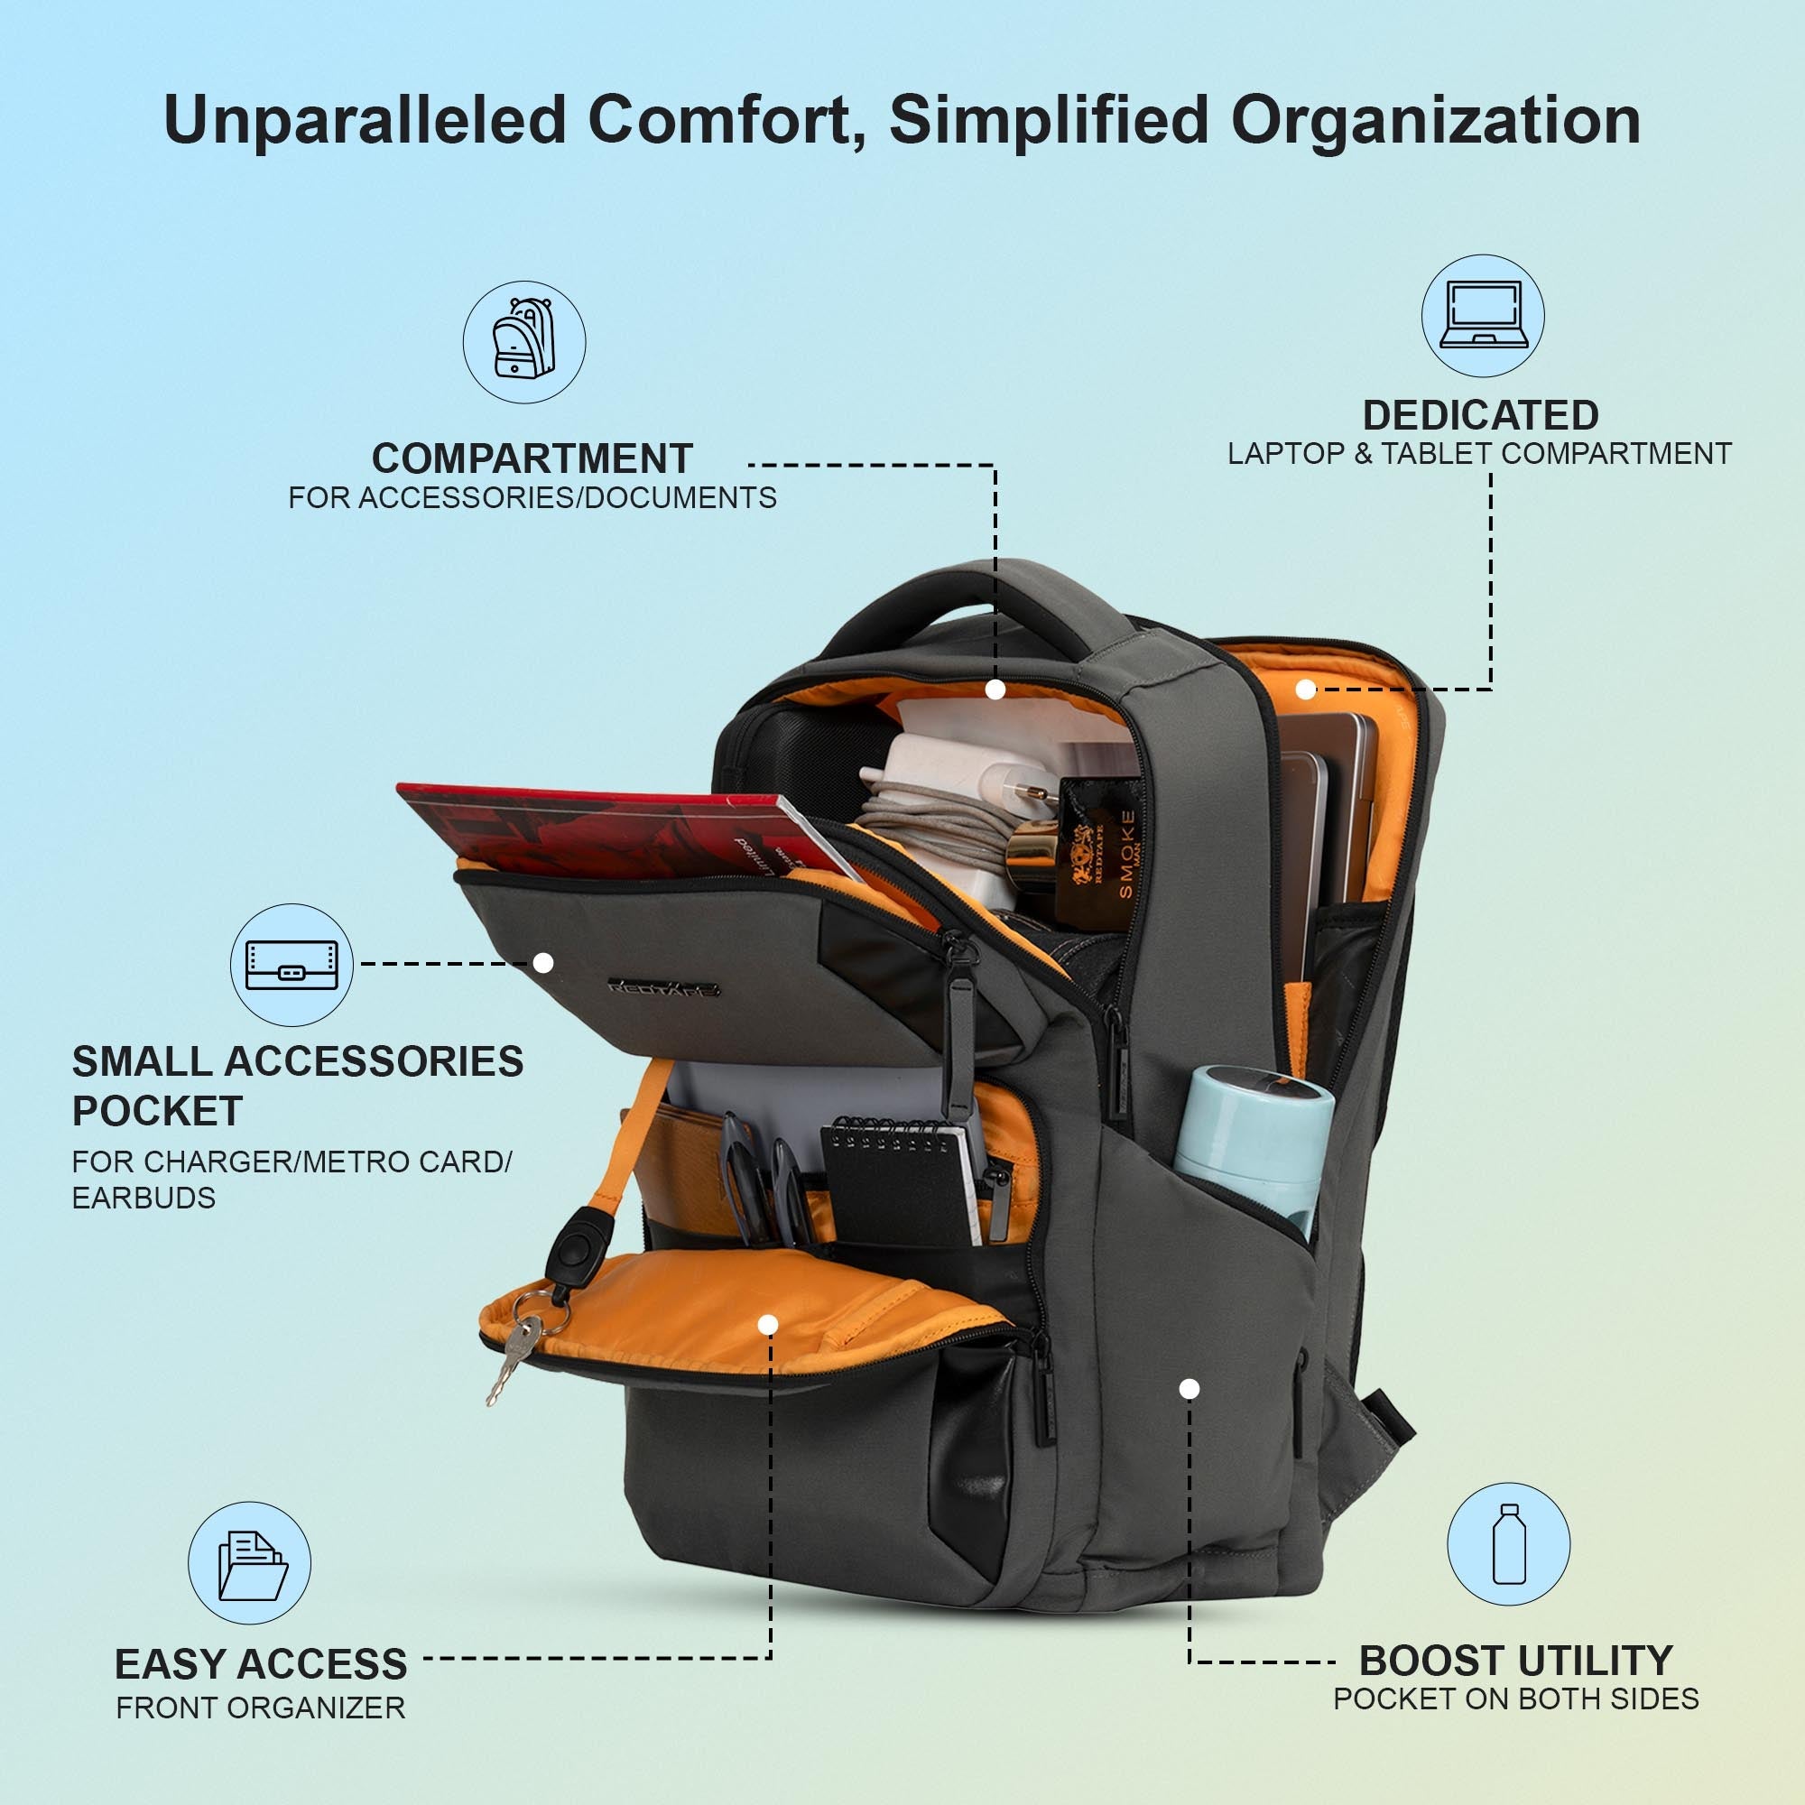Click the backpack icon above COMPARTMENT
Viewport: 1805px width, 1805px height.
(524, 342)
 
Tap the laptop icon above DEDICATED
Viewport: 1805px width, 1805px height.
(1483, 316)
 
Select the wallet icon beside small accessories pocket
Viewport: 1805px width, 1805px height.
(292, 964)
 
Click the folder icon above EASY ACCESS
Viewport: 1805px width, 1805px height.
(249, 1563)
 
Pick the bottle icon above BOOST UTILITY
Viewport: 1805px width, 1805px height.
(1508, 1543)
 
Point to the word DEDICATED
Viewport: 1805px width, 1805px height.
(1480, 415)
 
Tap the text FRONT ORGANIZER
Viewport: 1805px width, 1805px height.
(261, 1708)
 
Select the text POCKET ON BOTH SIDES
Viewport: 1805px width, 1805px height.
(1515, 1699)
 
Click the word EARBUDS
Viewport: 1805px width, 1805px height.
(143, 1198)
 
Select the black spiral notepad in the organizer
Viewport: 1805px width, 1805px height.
(895, 1182)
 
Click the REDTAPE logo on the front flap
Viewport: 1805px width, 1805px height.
(663, 987)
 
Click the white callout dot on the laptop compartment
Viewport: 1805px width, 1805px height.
(1306, 690)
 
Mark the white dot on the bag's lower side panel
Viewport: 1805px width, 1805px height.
(1189, 1389)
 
